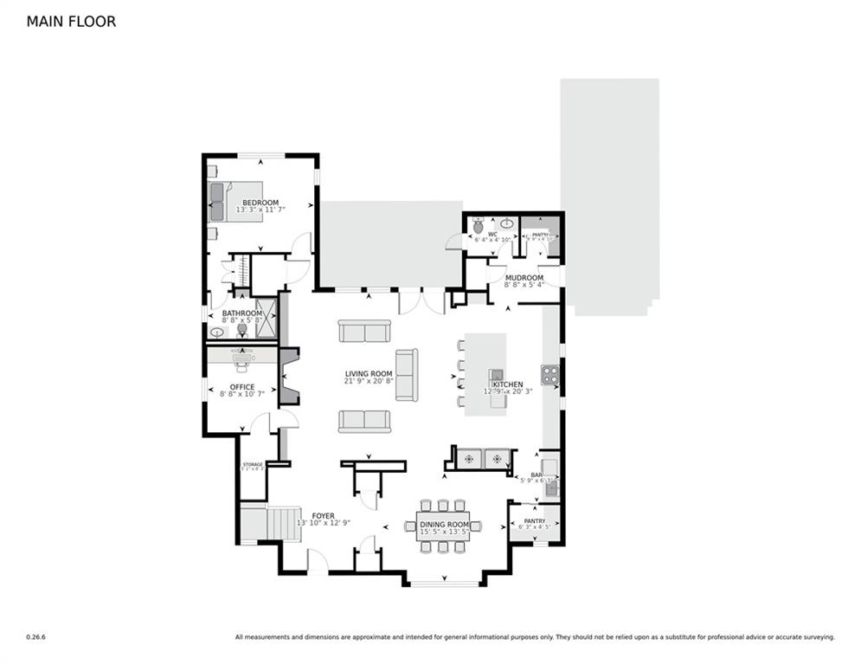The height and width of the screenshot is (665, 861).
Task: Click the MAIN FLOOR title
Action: [x=71, y=22]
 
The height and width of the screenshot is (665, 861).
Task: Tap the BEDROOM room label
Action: [x=260, y=203]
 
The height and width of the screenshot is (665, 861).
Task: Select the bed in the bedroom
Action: [x=235, y=202]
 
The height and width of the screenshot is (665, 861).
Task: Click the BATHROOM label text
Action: [x=241, y=313]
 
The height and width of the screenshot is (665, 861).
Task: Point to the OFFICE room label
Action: [x=242, y=387]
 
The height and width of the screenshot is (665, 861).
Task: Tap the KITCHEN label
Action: [x=509, y=384]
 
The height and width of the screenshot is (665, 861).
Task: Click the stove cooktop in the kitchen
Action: [x=549, y=374]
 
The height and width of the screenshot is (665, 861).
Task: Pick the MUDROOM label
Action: [x=524, y=278]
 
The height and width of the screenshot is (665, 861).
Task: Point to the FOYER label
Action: [x=323, y=516]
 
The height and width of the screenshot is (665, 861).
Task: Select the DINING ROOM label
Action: [x=444, y=525]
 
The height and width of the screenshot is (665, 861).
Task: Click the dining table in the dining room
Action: [x=443, y=526]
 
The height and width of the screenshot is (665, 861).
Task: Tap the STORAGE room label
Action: [x=253, y=465]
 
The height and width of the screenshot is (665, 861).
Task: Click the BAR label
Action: [x=536, y=475]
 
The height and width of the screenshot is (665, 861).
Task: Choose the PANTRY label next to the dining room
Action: [x=534, y=521]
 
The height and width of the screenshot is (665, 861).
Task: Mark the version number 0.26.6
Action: [x=35, y=637]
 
